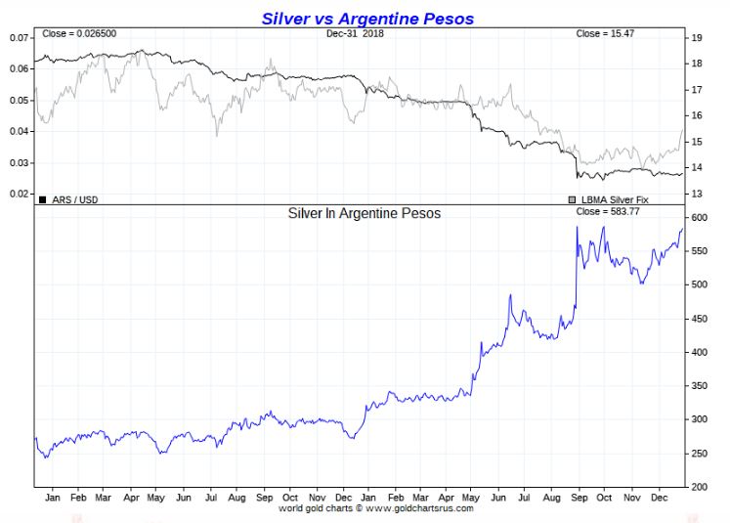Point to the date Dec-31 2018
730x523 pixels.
[356, 34]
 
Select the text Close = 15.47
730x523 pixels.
[603, 34]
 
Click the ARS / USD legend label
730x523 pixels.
[73, 199]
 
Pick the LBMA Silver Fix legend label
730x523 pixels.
[615, 199]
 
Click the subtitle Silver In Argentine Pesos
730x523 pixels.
[364, 212]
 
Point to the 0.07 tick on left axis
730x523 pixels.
[19, 37]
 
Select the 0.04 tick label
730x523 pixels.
[19, 131]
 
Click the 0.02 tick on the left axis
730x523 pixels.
[19, 194]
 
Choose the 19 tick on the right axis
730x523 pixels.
[697, 38]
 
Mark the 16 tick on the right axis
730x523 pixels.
[697, 115]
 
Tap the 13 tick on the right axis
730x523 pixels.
[697, 194]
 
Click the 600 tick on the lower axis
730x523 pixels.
[700, 218]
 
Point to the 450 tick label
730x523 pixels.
[700, 319]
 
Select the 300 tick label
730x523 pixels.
[700, 419]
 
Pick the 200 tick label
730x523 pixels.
[700, 486]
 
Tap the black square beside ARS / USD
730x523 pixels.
[41, 199]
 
